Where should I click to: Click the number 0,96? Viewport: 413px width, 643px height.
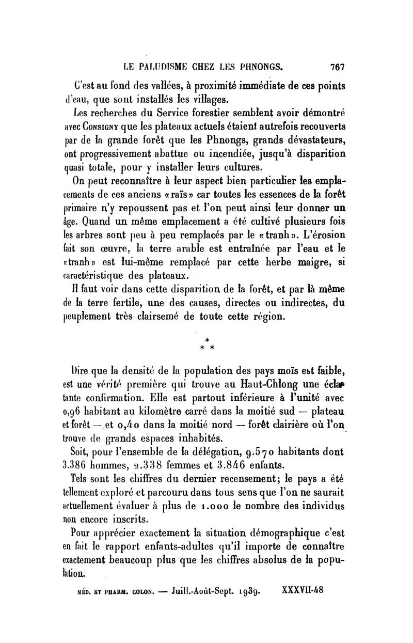tap(77, 412)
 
